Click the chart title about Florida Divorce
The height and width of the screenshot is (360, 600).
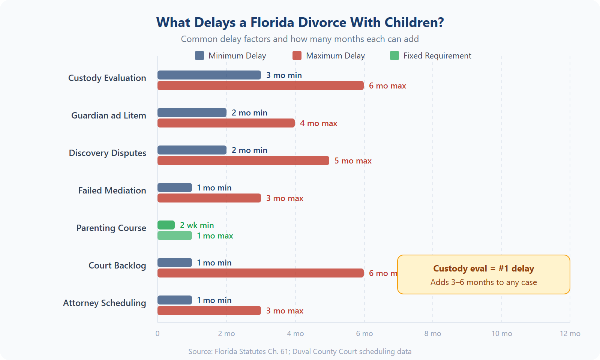click(x=300, y=22)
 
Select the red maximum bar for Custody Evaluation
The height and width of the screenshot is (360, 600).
click(x=260, y=85)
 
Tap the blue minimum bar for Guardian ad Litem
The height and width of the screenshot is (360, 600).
click(x=192, y=112)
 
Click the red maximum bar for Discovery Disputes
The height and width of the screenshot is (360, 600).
click(x=243, y=160)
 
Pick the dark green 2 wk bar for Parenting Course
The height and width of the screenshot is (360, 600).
click(x=166, y=225)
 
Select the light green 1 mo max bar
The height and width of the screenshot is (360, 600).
click(x=175, y=235)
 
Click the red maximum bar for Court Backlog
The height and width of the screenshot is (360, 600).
click(x=260, y=273)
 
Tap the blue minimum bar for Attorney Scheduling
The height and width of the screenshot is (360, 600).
click(x=175, y=300)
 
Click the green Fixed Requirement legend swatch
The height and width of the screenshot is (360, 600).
click(x=394, y=55)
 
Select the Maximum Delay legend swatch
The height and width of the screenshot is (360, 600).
click(x=297, y=55)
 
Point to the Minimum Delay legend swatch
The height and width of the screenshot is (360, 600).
click(x=199, y=55)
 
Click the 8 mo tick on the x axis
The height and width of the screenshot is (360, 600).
click(x=433, y=333)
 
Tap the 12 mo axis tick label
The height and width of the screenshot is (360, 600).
click(x=570, y=333)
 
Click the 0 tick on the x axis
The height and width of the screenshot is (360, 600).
click(x=157, y=333)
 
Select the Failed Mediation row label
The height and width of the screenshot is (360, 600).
click(x=112, y=190)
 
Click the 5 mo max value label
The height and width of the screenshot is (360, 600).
click(x=353, y=160)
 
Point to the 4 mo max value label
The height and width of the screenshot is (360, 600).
click(x=318, y=123)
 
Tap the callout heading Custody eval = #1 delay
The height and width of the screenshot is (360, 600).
click(x=483, y=268)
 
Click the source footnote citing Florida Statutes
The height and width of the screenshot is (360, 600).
click(x=300, y=351)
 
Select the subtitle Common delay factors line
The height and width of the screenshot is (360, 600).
click(x=300, y=39)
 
